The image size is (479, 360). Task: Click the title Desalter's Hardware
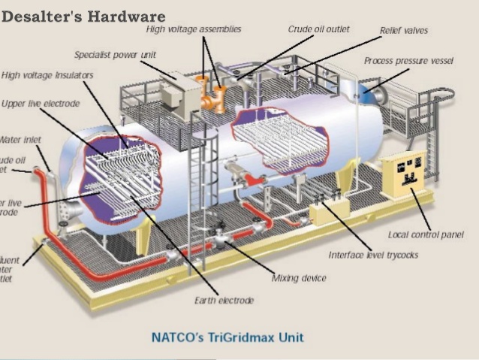(83, 15)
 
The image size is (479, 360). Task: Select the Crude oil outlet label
(319, 29)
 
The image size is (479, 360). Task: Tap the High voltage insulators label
(47, 75)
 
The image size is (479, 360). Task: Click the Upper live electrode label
(41, 103)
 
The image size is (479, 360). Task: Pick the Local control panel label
(426, 235)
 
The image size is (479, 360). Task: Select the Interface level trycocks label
(373, 255)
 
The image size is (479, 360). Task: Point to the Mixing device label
(299, 278)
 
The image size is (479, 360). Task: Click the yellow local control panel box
(404, 180)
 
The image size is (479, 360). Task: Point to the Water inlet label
(20, 140)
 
